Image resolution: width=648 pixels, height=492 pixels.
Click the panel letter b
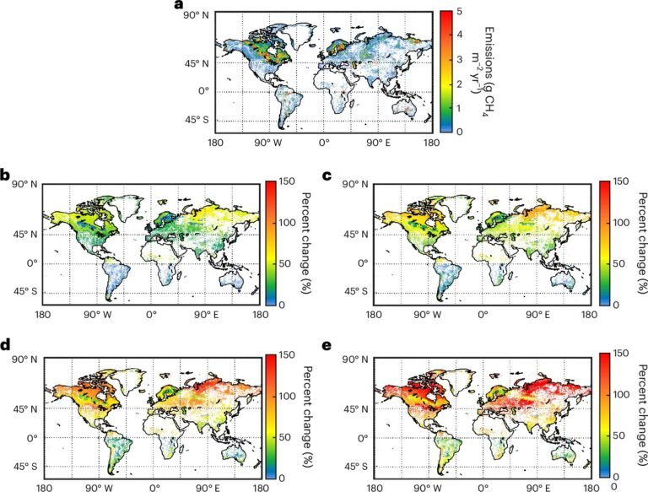point(5,176)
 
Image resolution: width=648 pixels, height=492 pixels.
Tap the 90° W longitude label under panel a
point(268,143)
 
